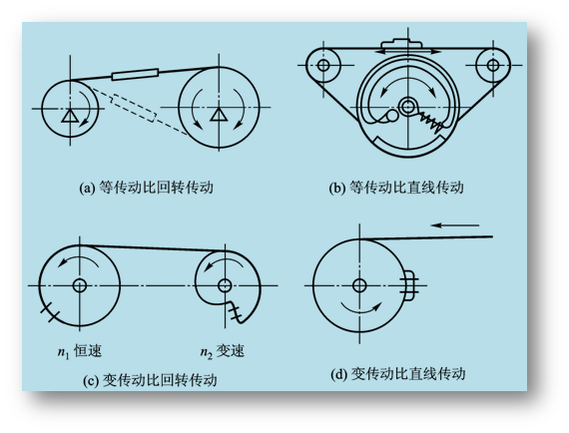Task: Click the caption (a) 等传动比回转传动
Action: click(x=146, y=188)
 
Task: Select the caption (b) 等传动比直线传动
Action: click(x=396, y=188)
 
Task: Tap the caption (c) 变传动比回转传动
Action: click(x=150, y=380)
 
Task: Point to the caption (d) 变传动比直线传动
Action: click(x=398, y=373)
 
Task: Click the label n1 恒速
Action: click(x=80, y=351)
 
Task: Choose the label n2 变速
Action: click(x=223, y=351)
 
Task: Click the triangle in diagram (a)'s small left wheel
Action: click(x=70, y=116)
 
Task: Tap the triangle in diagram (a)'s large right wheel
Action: click(x=219, y=114)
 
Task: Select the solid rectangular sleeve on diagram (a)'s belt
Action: click(x=136, y=75)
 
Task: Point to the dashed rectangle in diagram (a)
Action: click(x=135, y=108)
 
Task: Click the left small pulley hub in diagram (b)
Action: click(x=323, y=65)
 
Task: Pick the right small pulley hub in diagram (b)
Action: click(x=493, y=65)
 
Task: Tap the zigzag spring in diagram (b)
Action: click(x=430, y=122)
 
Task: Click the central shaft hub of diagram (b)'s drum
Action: click(x=407, y=107)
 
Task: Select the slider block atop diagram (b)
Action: click(x=401, y=44)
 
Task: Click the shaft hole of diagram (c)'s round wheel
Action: click(x=80, y=285)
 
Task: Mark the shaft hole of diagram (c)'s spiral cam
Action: click(x=225, y=285)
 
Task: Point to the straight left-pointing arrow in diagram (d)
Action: click(x=455, y=225)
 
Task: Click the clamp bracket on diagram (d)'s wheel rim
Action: click(x=408, y=285)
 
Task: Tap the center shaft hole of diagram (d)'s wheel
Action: click(x=359, y=285)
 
